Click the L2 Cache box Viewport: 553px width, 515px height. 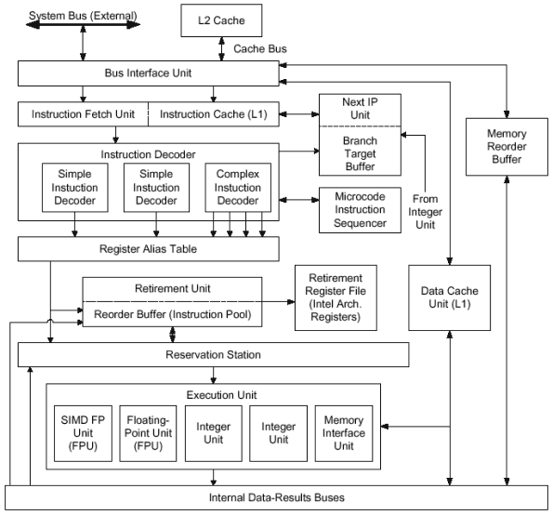coord(221,20)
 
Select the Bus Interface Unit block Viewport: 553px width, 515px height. coord(149,73)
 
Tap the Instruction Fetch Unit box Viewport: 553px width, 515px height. coord(84,114)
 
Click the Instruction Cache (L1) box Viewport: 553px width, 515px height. coord(214,114)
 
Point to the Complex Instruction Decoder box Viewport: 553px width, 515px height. coord(238,187)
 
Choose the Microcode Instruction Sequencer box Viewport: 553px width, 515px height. coord(360,210)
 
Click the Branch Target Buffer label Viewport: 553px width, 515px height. coord(360,153)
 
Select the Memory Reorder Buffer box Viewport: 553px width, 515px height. coord(507,147)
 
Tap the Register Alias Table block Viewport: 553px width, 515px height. coord(149,249)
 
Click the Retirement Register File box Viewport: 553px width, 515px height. coord(336,297)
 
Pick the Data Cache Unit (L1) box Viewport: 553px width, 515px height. coord(450,297)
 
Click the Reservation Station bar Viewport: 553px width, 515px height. coord(214,354)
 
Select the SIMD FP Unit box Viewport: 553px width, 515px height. coord(84,433)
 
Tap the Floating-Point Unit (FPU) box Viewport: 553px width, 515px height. coord(148,433)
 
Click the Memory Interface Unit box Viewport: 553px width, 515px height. coord(344,433)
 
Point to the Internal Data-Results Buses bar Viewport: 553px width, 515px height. coord(277,497)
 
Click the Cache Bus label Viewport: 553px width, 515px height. coord(260,48)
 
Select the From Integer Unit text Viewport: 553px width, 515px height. coord(425,212)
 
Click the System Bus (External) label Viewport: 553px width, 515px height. coord(83,16)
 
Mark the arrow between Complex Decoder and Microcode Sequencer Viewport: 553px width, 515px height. coord(299,200)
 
